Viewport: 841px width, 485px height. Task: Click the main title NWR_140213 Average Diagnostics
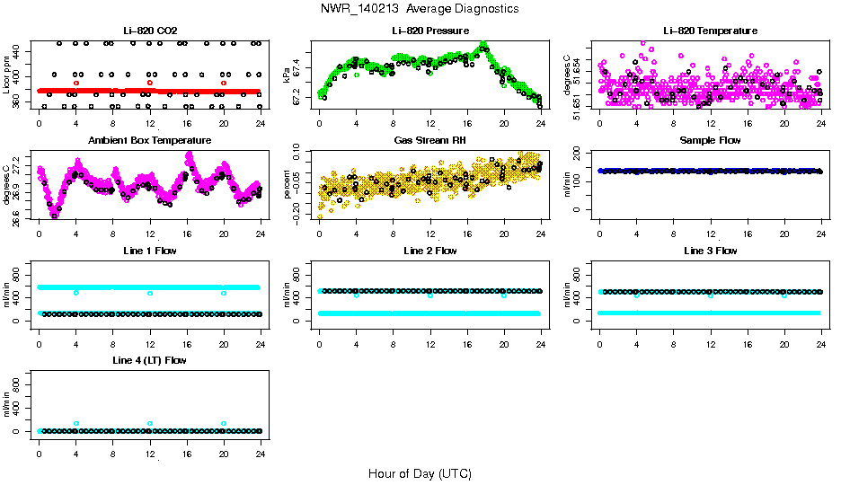pyautogui.click(x=419, y=9)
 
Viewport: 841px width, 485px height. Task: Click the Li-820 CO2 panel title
pyautogui.click(x=150, y=31)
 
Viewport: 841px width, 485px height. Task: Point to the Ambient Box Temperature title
pyautogui.click(x=150, y=140)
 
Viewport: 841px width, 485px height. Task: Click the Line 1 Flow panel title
pyautogui.click(x=150, y=251)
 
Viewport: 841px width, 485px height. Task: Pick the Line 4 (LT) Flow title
pyautogui.click(x=150, y=360)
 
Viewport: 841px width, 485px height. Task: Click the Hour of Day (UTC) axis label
pyautogui.click(x=419, y=473)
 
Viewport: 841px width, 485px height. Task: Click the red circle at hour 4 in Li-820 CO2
pyautogui.click(x=76, y=83)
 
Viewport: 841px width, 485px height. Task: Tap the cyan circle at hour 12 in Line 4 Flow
pyautogui.click(x=150, y=423)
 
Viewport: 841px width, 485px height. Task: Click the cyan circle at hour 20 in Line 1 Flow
pyautogui.click(x=224, y=293)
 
